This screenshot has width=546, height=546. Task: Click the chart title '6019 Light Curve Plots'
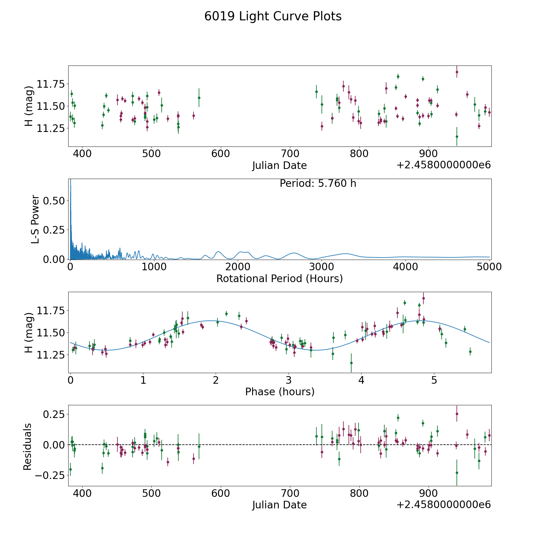tap(273, 16)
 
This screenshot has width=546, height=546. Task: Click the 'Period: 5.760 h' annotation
tap(318, 184)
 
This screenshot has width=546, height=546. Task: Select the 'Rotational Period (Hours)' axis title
tap(279, 278)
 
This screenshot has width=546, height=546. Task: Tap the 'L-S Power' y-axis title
tap(35, 219)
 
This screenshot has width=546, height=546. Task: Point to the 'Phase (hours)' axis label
tap(279, 392)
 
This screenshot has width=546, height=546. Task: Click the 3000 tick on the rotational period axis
tap(321, 267)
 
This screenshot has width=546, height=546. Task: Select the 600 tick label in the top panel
tap(221, 154)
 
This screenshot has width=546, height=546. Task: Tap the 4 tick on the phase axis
tap(361, 380)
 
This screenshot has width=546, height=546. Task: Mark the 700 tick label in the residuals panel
tap(290, 493)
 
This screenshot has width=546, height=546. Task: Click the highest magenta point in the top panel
tap(457, 72)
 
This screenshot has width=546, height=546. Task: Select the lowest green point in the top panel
tap(457, 136)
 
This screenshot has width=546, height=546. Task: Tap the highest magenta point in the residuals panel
tap(457, 414)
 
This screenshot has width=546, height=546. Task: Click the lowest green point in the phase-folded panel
tap(351, 363)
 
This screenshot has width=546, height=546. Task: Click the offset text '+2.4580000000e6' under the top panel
tap(443, 165)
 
